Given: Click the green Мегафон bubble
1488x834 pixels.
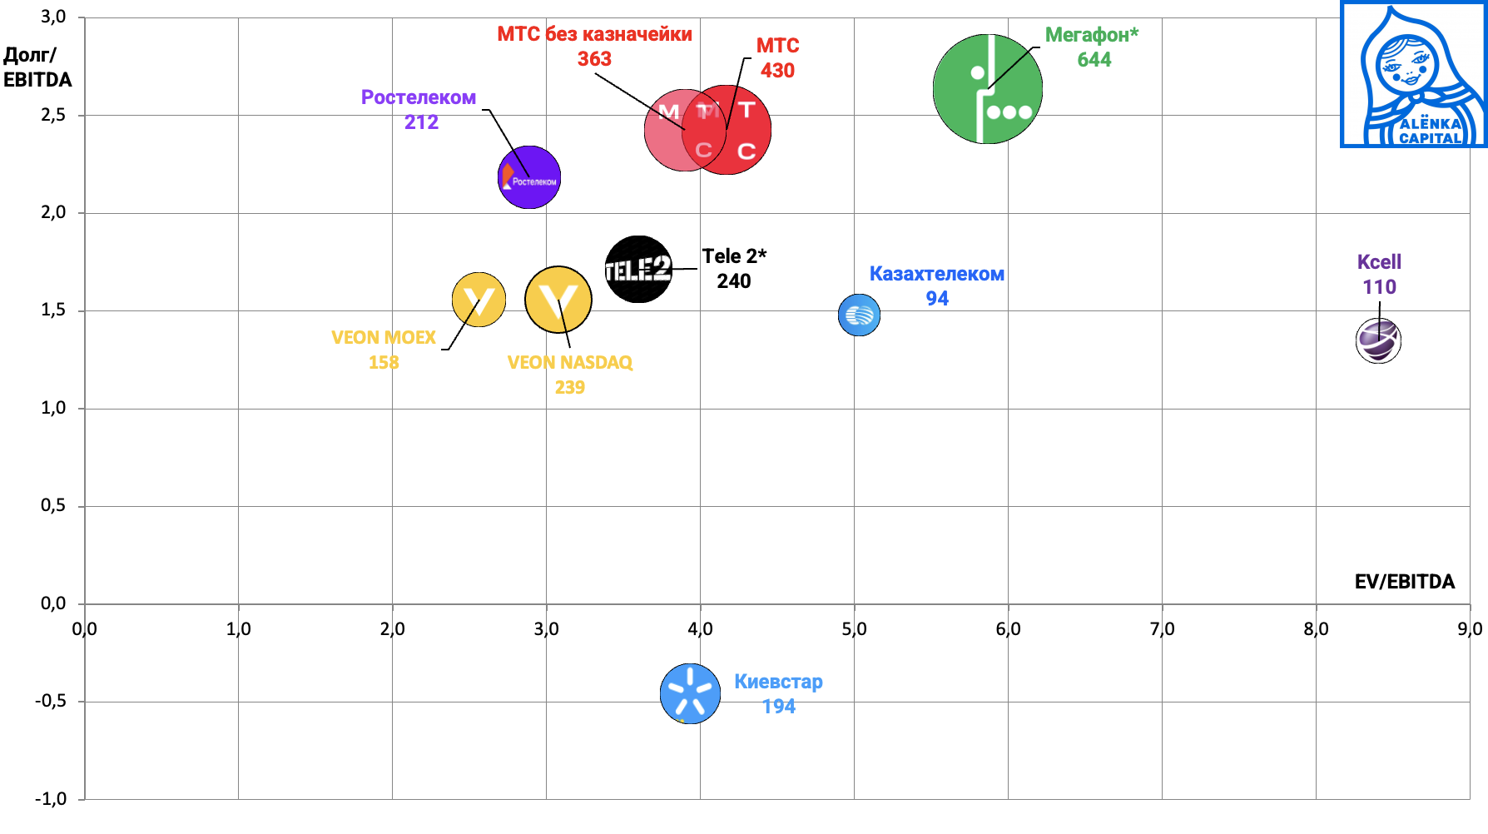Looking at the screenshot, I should (987, 89).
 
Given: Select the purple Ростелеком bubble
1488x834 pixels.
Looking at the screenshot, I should (529, 177).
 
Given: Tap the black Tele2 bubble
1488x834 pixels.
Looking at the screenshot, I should (638, 269).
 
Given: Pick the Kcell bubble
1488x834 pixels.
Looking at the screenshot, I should (1378, 340).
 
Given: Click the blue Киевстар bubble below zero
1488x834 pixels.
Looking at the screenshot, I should (690, 693).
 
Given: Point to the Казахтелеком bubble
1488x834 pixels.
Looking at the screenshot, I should (859, 315).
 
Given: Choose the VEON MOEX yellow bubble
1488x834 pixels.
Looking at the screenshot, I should (479, 300).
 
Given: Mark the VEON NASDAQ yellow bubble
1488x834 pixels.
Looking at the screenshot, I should (558, 300).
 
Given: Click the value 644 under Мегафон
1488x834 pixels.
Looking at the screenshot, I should (1094, 60).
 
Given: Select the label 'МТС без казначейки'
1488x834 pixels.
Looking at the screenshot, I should (594, 34).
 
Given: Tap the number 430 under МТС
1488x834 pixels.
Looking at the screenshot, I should (777, 71).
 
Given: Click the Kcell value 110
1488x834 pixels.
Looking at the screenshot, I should (1379, 287).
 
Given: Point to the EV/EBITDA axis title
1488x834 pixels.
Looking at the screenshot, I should (1404, 582).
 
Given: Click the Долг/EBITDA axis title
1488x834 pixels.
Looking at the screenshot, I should (37, 67).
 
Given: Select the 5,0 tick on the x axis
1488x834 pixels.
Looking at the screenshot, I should (854, 629).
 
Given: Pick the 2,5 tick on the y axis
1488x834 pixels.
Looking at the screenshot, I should (53, 115).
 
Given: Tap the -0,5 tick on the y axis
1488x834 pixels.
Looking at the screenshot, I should (50, 701).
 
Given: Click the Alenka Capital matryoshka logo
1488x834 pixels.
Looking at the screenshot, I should (1414, 75).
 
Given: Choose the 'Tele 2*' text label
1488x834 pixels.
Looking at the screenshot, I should (734, 256).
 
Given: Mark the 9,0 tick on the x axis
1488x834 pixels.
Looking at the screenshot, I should (1469, 629).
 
